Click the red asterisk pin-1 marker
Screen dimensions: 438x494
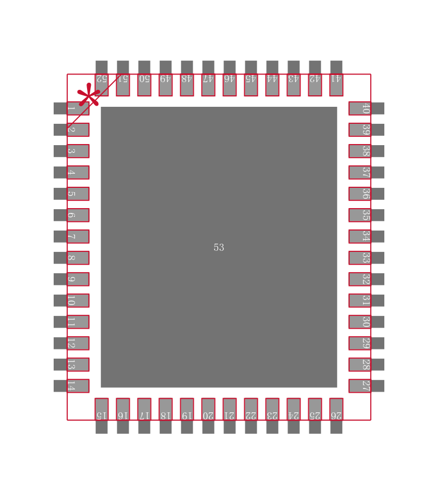click(x=89, y=95)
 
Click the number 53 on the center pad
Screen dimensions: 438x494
click(x=219, y=248)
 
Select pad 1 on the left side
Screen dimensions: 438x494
click(x=72, y=108)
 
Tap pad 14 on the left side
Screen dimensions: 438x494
click(x=72, y=386)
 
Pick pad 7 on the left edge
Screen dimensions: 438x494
click(x=72, y=237)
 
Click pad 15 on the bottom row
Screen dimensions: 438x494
click(x=101, y=416)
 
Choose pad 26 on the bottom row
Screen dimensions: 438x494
click(x=336, y=416)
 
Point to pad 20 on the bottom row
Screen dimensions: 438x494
click(x=208, y=416)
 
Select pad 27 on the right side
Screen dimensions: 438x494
click(x=366, y=386)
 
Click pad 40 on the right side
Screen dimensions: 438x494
click(x=366, y=108)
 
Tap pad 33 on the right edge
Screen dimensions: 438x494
click(x=366, y=258)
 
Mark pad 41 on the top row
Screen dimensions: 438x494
click(x=336, y=78)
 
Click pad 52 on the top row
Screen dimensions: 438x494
click(x=101, y=78)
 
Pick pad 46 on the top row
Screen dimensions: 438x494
click(x=229, y=78)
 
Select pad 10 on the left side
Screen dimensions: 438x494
click(x=72, y=301)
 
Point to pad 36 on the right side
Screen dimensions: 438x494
click(x=366, y=194)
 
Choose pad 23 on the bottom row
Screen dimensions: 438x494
click(x=272, y=416)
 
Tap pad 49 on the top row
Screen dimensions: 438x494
click(x=166, y=78)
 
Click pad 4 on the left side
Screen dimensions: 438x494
click(x=72, y=173)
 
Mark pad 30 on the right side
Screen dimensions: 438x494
click(x=366, y=322)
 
